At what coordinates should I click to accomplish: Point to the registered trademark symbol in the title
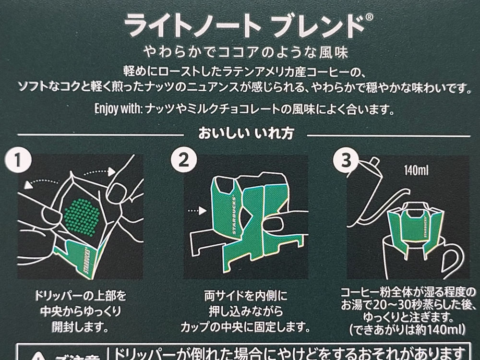(x=369, y=18)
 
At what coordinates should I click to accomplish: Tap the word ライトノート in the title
(x=192, y=24)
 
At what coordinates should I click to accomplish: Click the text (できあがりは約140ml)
(x=408, y=330)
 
